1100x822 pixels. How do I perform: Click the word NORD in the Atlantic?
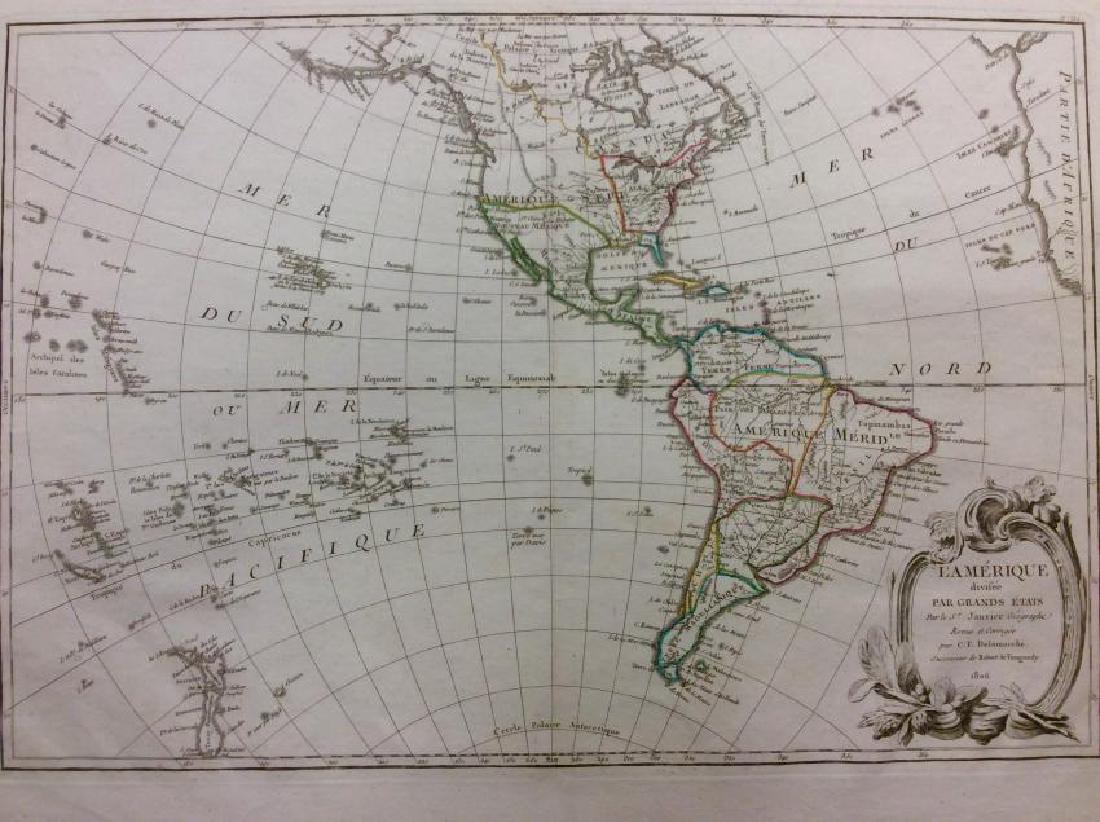tap(940, 370)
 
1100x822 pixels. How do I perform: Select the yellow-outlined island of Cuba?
tap(680, 280)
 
